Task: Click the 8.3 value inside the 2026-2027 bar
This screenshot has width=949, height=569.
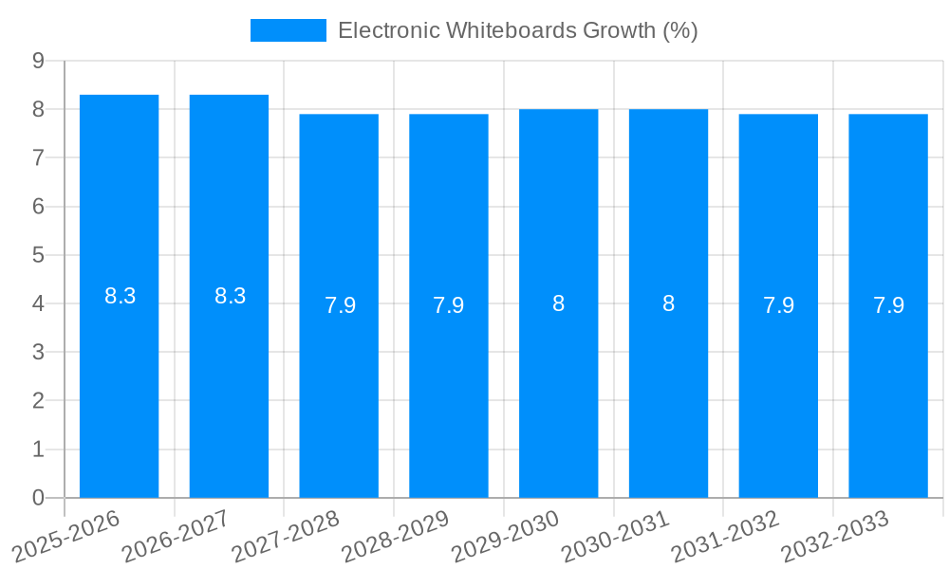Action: (230, 296)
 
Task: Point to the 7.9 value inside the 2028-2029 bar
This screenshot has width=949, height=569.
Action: (449, 305)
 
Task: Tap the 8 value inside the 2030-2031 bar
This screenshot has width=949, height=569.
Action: (668, 303)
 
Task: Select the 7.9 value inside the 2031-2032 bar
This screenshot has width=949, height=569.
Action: (778, 305)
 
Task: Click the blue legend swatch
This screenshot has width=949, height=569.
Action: (288, 30)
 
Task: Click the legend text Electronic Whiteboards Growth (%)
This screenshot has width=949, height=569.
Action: (517, 30)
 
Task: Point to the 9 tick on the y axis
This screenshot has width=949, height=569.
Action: (38, 61)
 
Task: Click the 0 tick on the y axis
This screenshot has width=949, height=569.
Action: (38, 498)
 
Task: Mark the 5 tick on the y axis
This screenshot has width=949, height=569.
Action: (38, 255)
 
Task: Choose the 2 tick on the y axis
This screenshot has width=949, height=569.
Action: (38, 401)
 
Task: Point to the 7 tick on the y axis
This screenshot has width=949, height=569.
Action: (38, 157)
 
